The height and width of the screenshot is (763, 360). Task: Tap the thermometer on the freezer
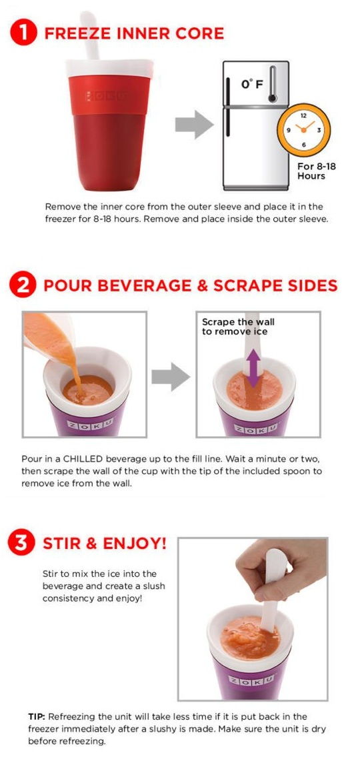pos(272,85)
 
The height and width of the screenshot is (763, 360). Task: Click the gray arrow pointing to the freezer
pos(193,125)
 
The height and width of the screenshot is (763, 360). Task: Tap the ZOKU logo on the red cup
pos(107,96)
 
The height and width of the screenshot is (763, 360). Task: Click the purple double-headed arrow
pos(253,367)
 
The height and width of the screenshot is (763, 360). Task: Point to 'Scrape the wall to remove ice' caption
pos(238,326)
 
